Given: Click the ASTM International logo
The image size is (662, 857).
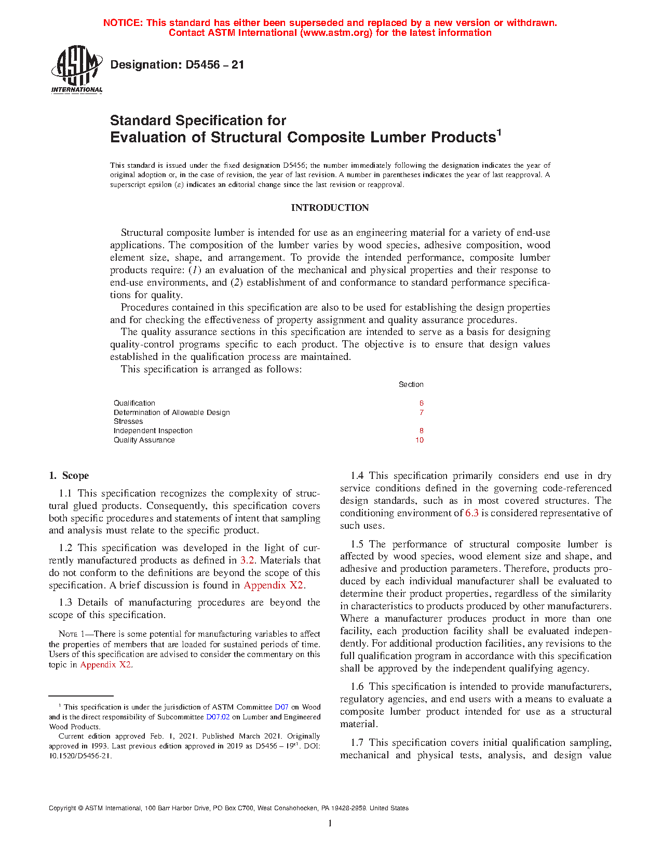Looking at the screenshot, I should click(77, 69).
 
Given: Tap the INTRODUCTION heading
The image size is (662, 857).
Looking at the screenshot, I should click(330, 208).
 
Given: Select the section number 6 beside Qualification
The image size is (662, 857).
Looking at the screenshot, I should click(422, 403).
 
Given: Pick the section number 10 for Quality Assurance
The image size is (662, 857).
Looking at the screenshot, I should click(420, 440).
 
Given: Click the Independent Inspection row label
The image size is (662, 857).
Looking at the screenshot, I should click(153, 431).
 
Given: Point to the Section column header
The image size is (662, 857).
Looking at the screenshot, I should click(411, 384).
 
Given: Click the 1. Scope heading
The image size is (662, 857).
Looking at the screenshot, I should click(69, 476).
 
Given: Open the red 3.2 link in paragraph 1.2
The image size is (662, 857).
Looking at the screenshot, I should click(247, 560).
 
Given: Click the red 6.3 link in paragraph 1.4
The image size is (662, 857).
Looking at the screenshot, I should click(472, 513).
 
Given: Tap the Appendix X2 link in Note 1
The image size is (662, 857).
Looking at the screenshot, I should click(106, 665).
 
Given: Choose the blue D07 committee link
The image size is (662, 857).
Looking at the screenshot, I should click(281, 707).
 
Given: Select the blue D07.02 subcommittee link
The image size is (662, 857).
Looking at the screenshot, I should click(218, 717).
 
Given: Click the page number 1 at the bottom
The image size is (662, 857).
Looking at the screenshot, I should click(330, 823).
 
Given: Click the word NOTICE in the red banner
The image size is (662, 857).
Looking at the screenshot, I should click(123, 23).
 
